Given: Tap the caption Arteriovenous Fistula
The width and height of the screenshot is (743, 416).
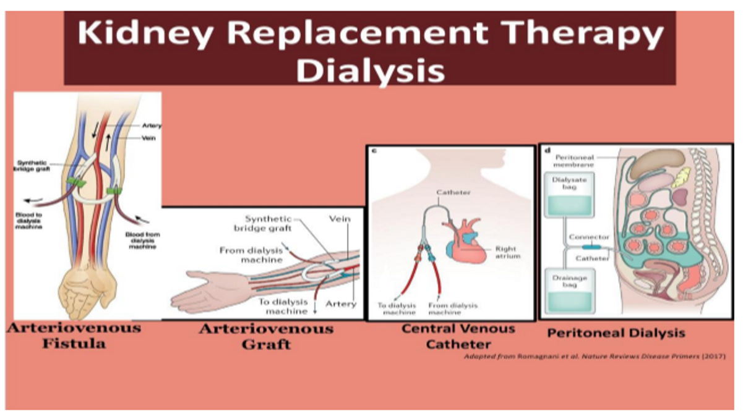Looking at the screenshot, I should (74, 335).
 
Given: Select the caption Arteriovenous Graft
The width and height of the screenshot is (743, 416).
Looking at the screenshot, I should (266, 336).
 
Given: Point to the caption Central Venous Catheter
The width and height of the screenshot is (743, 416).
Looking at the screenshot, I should (458, 336).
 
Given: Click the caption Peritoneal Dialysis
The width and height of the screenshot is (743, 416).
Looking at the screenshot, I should (616, 333).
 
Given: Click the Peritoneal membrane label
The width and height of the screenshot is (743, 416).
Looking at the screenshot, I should (575, 161).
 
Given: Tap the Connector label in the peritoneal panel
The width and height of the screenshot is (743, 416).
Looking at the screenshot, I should (588, 237).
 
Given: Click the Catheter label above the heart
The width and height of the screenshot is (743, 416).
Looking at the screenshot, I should (453, 192).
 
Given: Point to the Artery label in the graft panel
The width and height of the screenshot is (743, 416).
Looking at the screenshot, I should (341, 304).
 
